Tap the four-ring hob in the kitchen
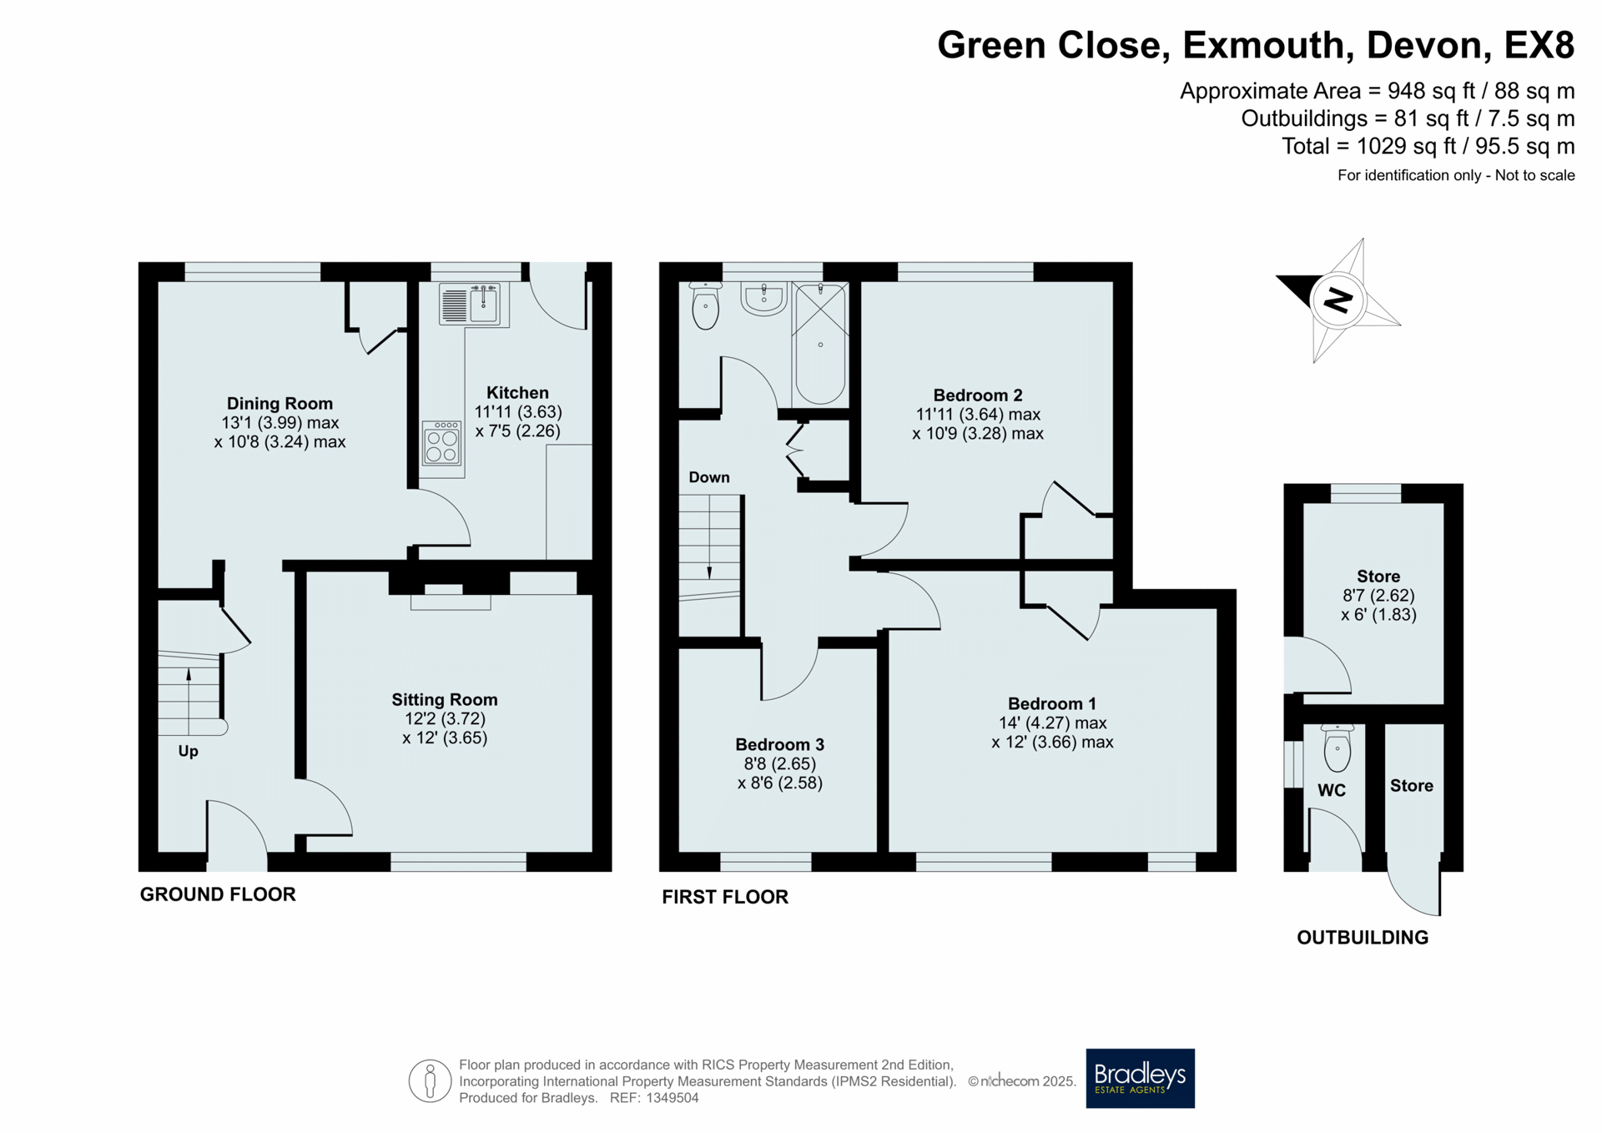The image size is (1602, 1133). (442, 442)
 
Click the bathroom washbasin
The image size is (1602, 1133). (764, 299)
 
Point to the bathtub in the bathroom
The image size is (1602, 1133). (820, 344)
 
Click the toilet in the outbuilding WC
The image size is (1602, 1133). (1338, 748)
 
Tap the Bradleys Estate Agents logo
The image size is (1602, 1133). (1140, 1078)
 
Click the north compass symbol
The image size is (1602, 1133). (1338, 300)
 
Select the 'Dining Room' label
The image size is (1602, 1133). (280, 404)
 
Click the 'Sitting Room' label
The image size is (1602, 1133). (445, 700)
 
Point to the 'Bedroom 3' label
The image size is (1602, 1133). (779, 744)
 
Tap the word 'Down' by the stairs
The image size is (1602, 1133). (709, 477)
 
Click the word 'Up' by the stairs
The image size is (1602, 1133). (189, 752)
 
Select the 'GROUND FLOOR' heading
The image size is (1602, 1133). (218, 894)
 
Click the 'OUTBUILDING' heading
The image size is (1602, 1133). (1363, 938)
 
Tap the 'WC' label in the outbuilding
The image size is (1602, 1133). (1332, 790)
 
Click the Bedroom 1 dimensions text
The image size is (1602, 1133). (1052, 733)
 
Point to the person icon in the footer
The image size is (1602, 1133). (430, 1081)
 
